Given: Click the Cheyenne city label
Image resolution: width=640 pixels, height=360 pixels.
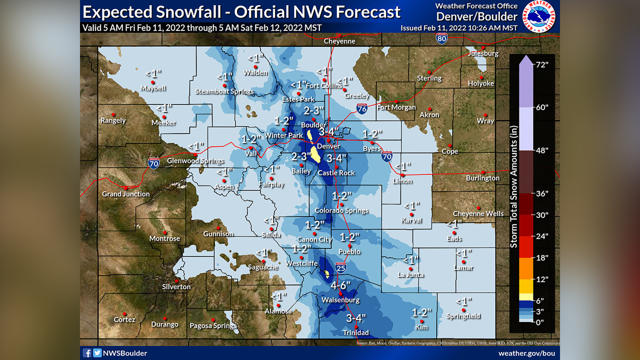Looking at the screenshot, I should (x=339, y=41).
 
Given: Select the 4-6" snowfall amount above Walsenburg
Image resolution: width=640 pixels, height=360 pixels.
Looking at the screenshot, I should (x=341, y=286).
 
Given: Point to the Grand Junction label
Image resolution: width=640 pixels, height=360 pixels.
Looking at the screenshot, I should (x=125, y=194).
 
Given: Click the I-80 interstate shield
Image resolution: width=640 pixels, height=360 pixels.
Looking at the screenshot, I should (x=441, y=38).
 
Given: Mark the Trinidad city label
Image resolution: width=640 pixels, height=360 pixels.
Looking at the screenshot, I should (x=355, y=332).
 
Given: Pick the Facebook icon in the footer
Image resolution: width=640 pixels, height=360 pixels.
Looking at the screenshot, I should (x=87, y=353).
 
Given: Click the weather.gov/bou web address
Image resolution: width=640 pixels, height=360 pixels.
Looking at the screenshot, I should (x=526, y=353).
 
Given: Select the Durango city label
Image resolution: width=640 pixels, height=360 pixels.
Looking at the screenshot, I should (x=164, y=324).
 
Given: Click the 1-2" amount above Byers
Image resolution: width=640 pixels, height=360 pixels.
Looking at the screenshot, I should (x=372, y=133).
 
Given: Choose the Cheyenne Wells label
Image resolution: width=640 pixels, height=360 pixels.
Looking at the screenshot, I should (x=478, y=213).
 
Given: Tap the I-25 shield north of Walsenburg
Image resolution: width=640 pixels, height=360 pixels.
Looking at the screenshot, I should (x=340, y=268).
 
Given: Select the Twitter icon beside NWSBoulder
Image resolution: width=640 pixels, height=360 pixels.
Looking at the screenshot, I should (x=97, y=353).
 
